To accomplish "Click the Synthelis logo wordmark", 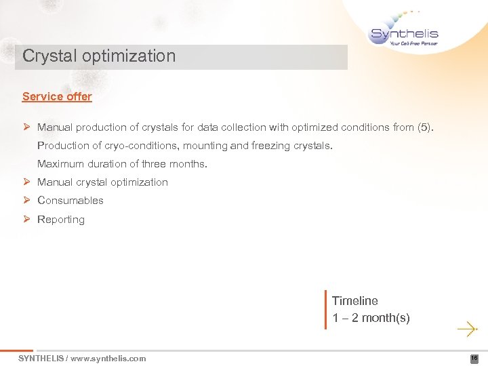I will pos(404,33).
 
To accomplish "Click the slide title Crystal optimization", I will pos(99,56).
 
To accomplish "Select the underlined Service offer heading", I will pos(57,96).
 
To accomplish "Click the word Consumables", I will pos(70,201).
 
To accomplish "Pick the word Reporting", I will pos(61,220).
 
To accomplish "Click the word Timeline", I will pos(355,301).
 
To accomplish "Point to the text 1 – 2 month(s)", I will pos(371,318).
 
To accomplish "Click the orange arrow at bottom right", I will pos(467,330).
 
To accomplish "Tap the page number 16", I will pos(474,359).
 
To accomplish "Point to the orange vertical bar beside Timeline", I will pos(326,310).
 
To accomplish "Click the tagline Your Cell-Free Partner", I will pos(413,43).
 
